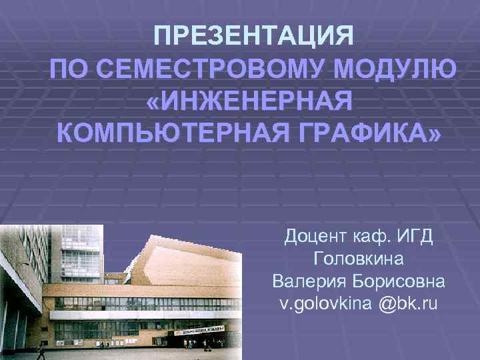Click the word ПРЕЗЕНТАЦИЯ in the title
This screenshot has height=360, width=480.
pyautogui.click(x=254, y=35)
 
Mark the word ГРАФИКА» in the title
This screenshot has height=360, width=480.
pyautogui.click(x=373, y=136)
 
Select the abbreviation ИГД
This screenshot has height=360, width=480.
pyautogui.click(x=416, y=236)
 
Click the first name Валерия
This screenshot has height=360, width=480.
pyautogui.click(x=305, y=281)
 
